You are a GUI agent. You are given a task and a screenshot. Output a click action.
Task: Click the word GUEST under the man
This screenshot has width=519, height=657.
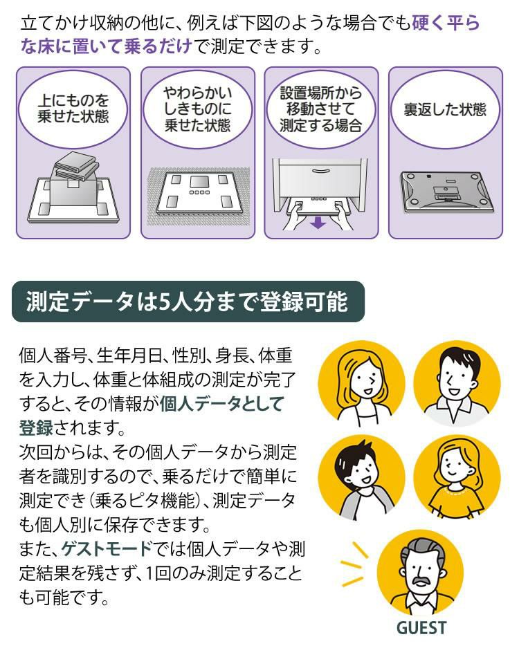pos(421,627)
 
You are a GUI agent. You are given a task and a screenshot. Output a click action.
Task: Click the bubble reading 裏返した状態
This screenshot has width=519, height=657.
pos(445,111)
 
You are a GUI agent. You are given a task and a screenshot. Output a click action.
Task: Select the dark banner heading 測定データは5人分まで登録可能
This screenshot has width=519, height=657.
pos(187,302)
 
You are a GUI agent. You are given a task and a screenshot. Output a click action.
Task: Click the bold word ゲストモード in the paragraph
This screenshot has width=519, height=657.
pos(106,550)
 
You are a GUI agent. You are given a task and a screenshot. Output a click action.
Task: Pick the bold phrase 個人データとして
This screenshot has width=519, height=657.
pos(221,405)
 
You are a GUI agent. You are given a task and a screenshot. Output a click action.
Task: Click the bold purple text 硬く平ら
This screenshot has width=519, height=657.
pos(446,24)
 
